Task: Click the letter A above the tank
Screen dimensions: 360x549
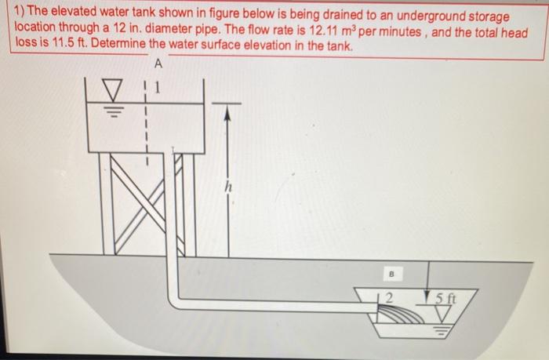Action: tap(160, 63)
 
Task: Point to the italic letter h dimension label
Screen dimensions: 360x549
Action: tap(227, 188)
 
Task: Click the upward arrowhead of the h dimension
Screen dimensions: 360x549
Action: tap(228, 111)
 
